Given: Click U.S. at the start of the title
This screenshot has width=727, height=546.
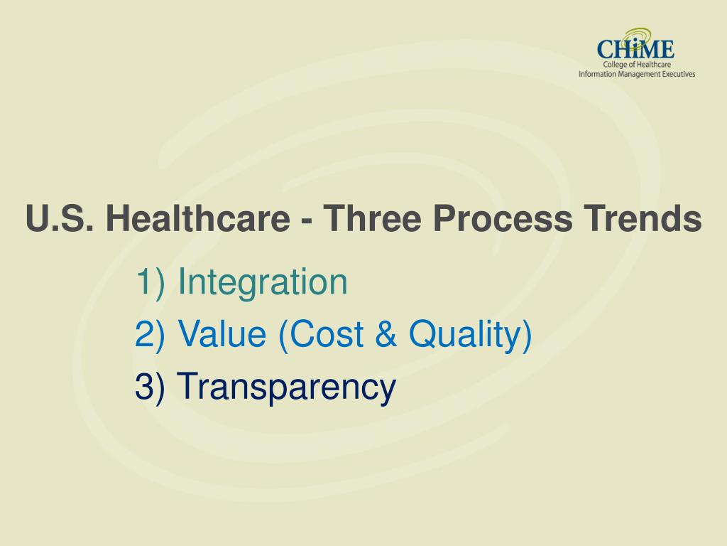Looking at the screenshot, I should [x=61, y=219].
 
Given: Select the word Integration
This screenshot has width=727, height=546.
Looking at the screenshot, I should [x=263, y=282].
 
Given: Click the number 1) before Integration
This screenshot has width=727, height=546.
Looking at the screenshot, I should [x=151, y=282].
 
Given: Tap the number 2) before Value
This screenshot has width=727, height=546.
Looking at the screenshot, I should [x=151, y=334].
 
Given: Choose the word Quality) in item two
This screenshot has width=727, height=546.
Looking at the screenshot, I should [x=471, y=334].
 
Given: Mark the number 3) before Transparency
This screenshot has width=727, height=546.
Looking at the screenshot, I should [x=151, y=387].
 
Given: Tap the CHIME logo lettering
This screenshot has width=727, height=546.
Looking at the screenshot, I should [x=635, y=50].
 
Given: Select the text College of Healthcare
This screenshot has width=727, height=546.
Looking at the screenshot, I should [x=636, y=65].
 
